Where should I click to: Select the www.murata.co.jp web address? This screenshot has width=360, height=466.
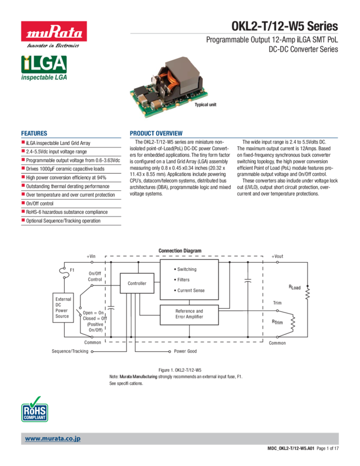point(53,439)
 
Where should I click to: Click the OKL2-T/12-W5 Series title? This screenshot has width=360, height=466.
point(284,26)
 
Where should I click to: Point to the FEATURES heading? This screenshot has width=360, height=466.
point(34,134)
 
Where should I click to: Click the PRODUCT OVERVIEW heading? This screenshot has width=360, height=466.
point(156,134)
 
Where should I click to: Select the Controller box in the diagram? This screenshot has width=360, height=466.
point(137,283)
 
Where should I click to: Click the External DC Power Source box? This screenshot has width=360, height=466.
point(63,308)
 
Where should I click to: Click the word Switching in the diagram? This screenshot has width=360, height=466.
point(186,270)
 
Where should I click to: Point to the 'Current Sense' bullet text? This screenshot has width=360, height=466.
point(191,291)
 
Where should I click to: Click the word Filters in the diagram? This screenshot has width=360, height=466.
point(183,280)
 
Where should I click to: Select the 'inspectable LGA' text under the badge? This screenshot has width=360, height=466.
point(44,79)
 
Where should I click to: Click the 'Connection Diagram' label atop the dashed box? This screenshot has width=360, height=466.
point(180,251)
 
